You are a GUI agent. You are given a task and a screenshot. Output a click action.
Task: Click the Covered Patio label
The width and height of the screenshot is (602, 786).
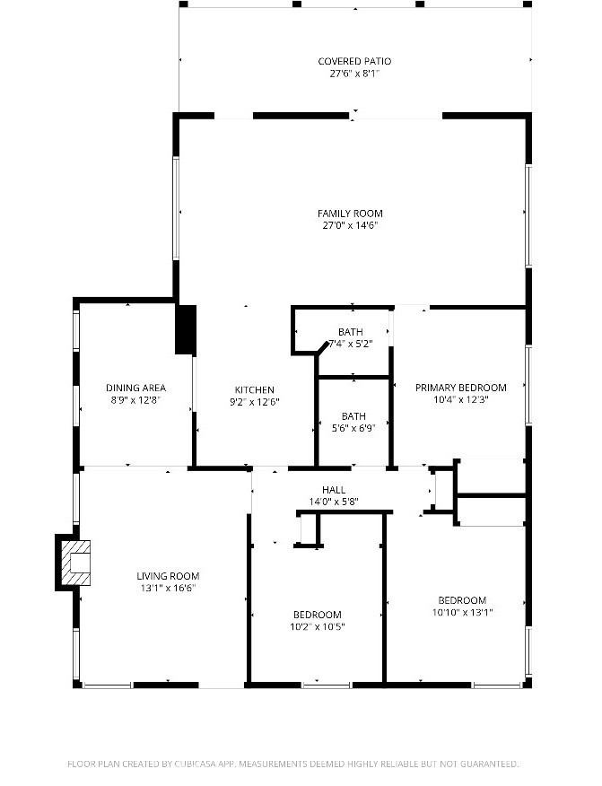[354, 61]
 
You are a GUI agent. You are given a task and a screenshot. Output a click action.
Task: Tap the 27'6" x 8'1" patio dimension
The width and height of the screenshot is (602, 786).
[354, 74]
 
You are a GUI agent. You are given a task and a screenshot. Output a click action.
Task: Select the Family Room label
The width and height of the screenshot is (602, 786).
[350, 214]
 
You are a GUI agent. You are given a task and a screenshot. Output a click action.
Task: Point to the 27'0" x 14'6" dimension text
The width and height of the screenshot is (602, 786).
[350, 225]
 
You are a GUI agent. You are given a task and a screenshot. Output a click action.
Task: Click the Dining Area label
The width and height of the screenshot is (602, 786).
[135, 388]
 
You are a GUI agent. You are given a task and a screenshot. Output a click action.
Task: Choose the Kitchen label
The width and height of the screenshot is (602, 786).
[255, 390]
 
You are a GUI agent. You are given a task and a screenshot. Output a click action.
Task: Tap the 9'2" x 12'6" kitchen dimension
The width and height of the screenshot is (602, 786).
[255, 402]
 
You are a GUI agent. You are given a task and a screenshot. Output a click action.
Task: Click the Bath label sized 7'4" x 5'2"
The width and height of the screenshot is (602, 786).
[351, 332]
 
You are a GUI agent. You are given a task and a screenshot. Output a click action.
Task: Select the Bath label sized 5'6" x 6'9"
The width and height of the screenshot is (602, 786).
[353, 416]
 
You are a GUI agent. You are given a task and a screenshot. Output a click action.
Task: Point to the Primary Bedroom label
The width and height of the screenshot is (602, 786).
[460, 388]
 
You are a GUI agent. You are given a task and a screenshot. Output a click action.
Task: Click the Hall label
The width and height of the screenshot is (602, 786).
[334, 490]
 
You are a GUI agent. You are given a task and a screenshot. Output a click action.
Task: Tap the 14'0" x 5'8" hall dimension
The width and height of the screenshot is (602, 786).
[334, 502]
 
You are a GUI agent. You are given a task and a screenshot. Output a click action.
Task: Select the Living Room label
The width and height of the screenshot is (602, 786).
[168, 576]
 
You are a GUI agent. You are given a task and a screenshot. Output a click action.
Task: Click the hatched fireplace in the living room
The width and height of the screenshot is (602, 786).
[75, 563]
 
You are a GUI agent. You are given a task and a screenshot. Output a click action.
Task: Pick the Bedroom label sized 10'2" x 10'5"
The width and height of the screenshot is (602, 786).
[318, 615]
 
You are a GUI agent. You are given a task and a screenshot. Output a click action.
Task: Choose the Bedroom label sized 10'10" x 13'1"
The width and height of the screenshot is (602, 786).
[462, 600]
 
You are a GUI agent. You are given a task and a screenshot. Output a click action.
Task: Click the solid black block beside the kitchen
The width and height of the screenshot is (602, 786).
[186, 330]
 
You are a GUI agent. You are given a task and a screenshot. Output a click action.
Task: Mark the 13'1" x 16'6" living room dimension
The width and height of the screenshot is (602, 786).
[168, 589]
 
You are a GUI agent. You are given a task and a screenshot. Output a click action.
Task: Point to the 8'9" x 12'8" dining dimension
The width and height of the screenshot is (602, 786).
[135, 400]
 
